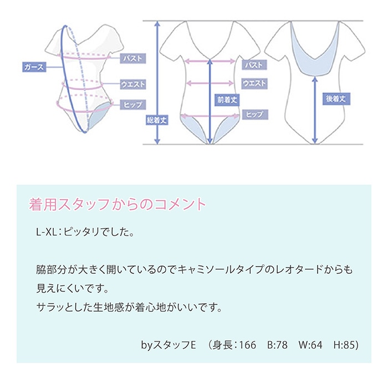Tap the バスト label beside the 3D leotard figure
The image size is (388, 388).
pyautogui.click(x=133, y=58)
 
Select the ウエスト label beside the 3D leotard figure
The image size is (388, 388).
pyautogui.click(x=133, y=84)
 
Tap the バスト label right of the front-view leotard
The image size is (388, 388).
pyautogui.click(x=254, y=65)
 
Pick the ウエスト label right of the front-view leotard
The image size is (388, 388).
pyautogui.click(x=254, y=83)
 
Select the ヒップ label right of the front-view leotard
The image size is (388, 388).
pyautogui.click(x=255, y=114)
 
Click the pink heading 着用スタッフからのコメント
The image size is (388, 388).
pyautogui.click(x=117, y=204)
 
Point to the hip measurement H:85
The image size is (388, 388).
pyautogui.click(x=346, y=345)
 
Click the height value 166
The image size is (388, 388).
pyautogui.click(x=247, y=345)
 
